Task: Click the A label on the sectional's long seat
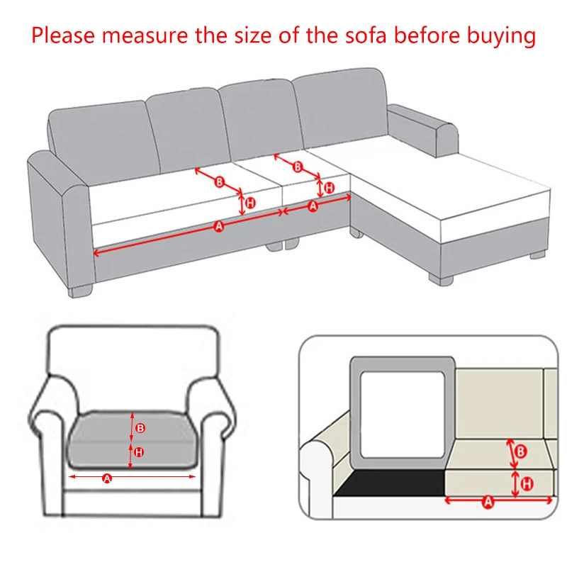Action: [x=219, y=226]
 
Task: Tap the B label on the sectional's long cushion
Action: [x=219, y=182]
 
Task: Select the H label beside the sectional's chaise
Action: [x=329, y=188]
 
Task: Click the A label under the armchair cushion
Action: [x=108, y=478]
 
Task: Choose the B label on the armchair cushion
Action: [x=140, y=428]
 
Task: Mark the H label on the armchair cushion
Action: [x=140, y=452]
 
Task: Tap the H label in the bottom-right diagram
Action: [x=527, y=484]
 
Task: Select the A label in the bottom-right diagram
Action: [x=488, y=503]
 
